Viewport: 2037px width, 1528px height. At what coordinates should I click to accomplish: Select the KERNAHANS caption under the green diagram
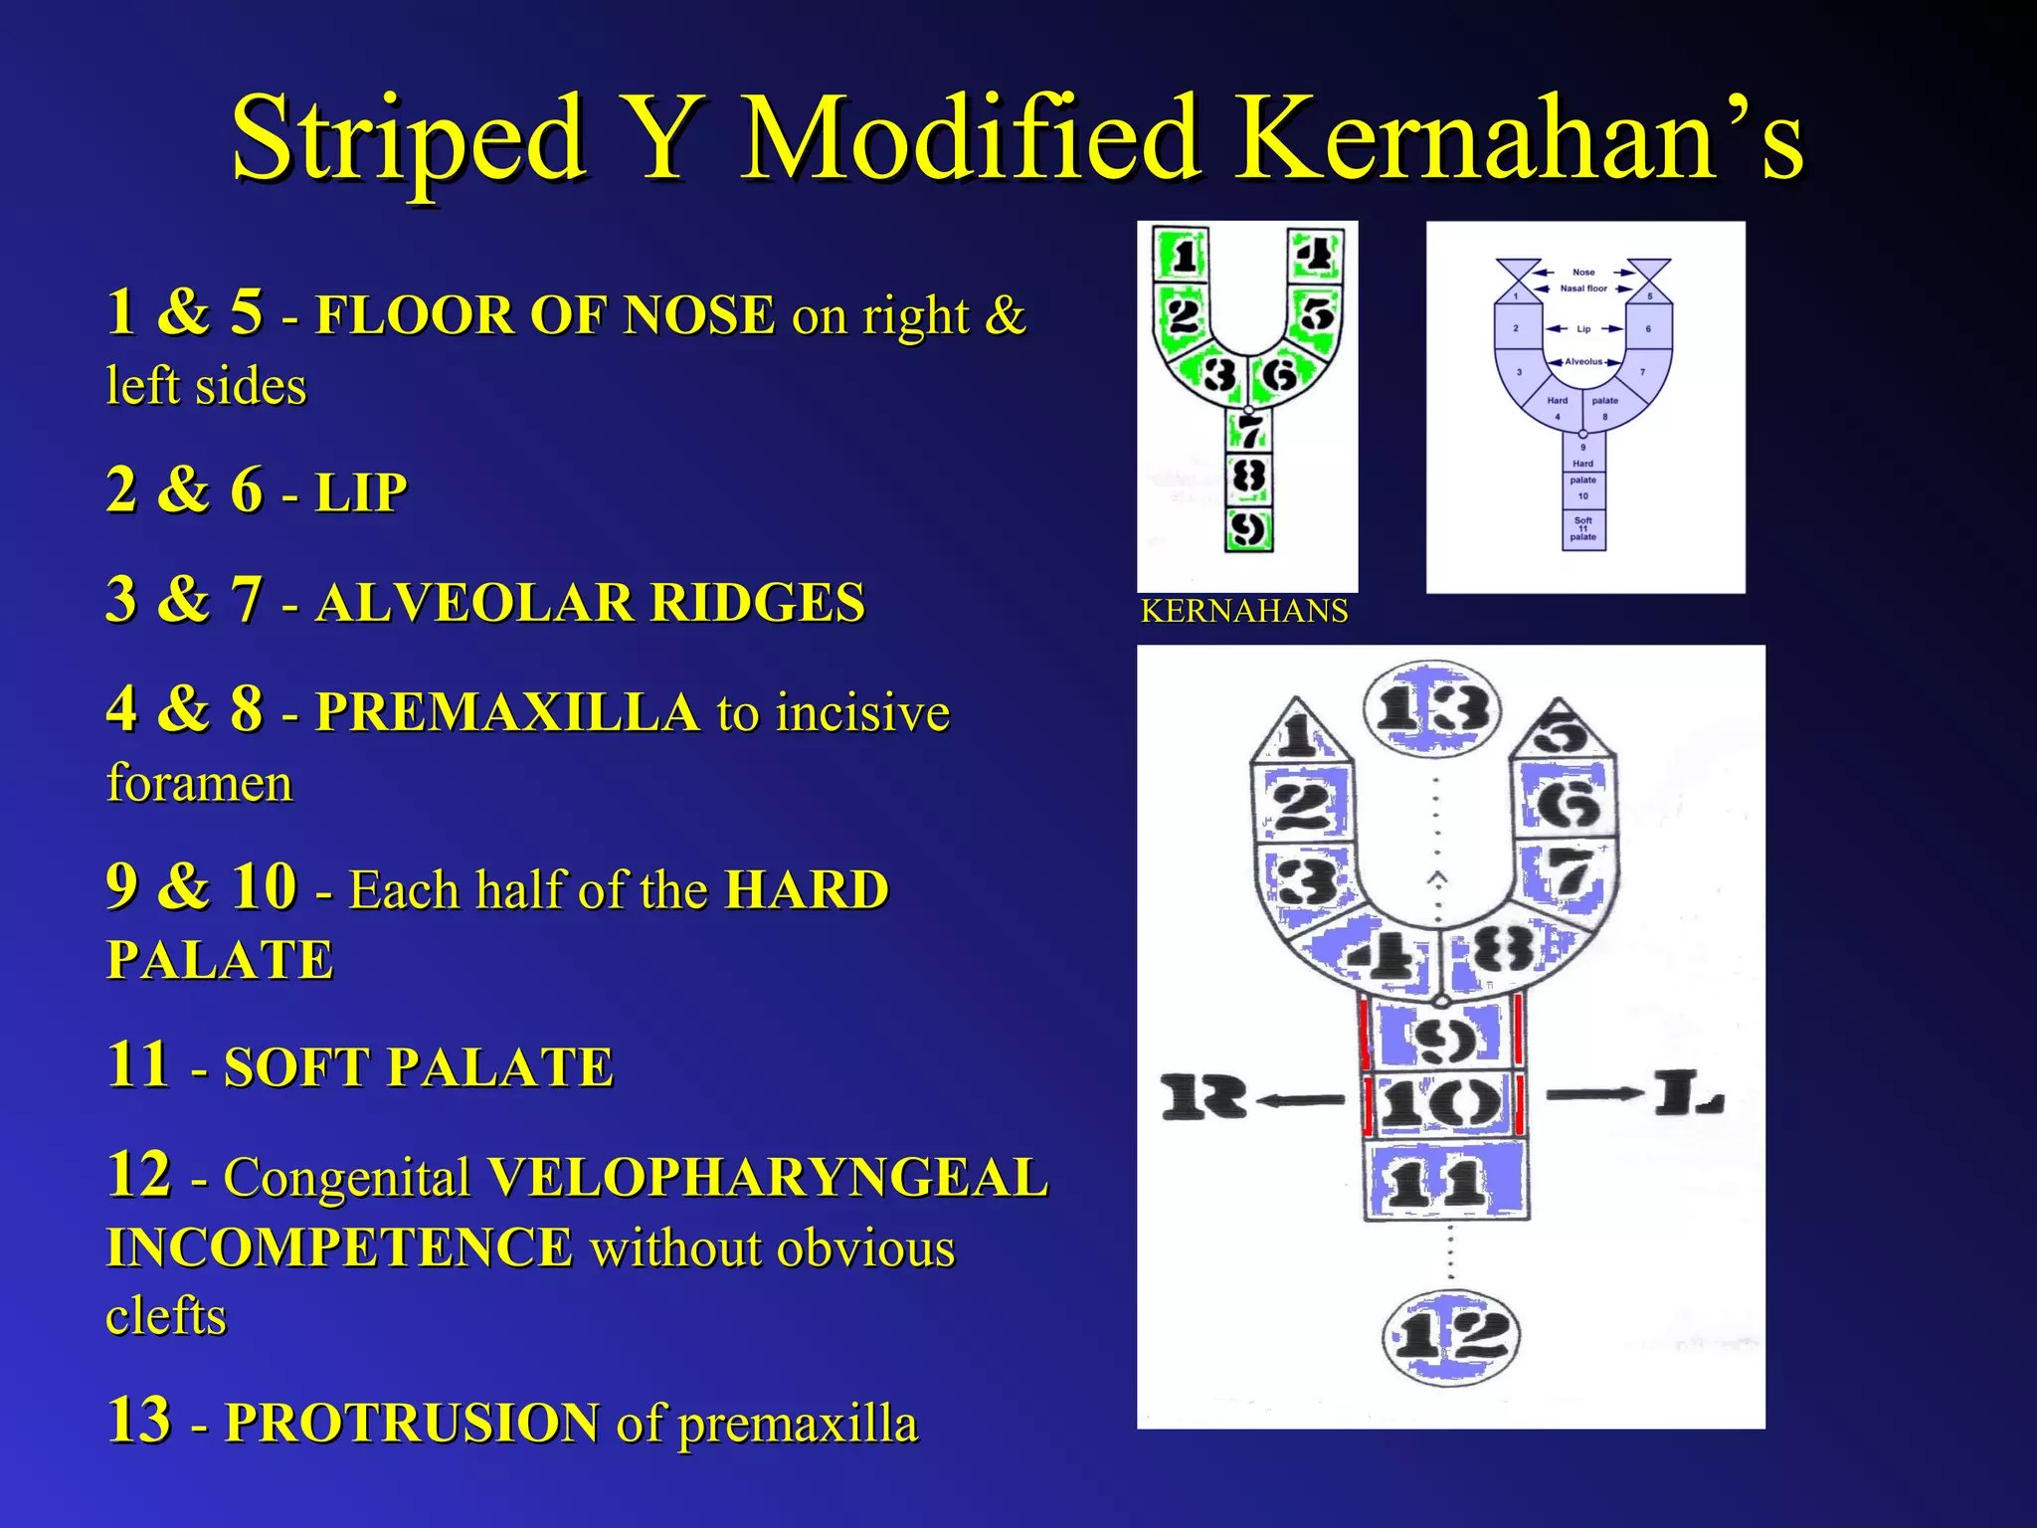tap(1244, 611)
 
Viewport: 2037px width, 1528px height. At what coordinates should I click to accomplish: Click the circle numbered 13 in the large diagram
tap(1432, 710)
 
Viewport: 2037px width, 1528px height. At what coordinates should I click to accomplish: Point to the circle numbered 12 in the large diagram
tap(1451, 1336)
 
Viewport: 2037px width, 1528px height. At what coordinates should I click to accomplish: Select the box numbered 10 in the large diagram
tap(1442, 1103)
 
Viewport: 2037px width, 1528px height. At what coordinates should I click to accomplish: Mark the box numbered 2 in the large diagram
tap(1303, 804)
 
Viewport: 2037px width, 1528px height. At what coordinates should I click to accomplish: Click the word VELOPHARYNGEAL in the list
tap(767, 1178)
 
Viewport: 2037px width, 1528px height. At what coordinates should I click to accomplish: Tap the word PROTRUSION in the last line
tap(412, 1423)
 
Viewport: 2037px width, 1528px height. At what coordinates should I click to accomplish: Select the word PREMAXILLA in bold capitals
tap(507, 712)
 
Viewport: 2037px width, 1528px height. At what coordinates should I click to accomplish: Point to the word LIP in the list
tap(361, 492)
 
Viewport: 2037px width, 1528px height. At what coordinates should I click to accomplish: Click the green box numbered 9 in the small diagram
tap(1248, 528)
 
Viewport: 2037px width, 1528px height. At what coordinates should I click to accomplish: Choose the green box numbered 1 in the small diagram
tap(1183, 256)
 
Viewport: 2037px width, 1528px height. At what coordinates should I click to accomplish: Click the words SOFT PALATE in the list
tap(419, 1067)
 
